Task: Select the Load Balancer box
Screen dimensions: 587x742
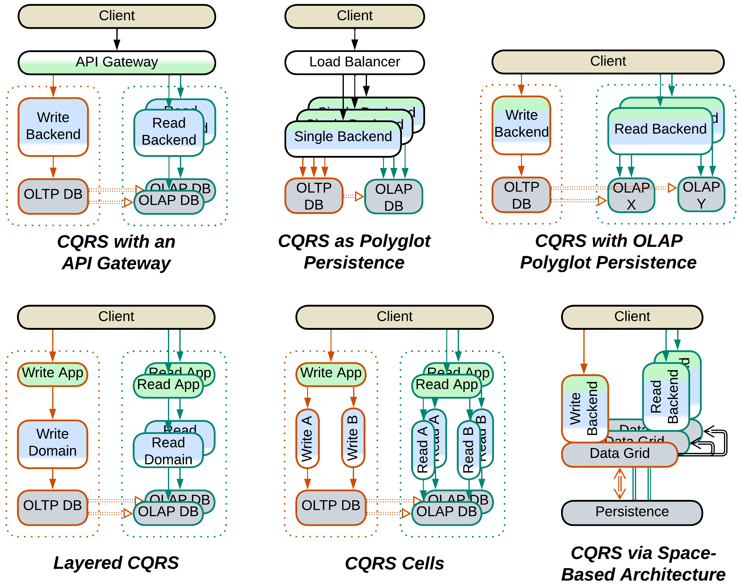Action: pyautogui.click(x=355, y=62)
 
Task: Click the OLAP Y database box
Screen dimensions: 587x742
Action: pyautogui.click(x=701, y=195)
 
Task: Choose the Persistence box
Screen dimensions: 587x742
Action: pyautogui.click(x=632, y=512)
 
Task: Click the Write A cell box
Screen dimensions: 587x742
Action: pyautogui.click(x=307, y=438)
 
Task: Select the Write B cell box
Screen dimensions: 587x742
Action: pyautogui.click(x=353, y=438)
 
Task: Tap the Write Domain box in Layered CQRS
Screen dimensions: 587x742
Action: pyautogui.click(x=52, y=443)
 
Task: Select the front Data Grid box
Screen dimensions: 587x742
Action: pyautogui.click(x=619, y=454)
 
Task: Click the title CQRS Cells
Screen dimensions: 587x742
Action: pyautogui.click(x=394, y=564)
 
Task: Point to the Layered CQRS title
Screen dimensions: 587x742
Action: pyautogui.click(x=116, y=563)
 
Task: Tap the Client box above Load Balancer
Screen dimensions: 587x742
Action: pyautogui.click(x=355, y=16)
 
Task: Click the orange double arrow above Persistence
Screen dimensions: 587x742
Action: pyautogui.click(x=619, y=484)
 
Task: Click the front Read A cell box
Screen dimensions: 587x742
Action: pyautogui.click(x=423, y=450)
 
